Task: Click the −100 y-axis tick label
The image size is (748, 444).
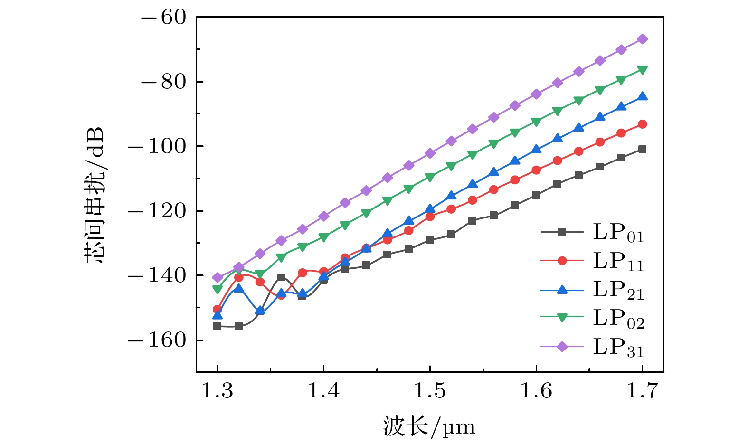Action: (x=157, y=146)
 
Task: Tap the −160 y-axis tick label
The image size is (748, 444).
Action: (x=157, y=340)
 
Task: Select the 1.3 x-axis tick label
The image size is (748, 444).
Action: (x=218, y=391)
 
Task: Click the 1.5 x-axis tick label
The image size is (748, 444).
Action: (x=430, y=391)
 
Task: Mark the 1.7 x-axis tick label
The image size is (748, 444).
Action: (x=643, y=391)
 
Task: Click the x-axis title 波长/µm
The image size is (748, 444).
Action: (x=429, y=426)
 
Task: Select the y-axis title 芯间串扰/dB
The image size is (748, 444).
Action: (x=95, y=195)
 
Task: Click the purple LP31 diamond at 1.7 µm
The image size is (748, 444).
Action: (x=643, y=39)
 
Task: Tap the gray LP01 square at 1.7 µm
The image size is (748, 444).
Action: (x=643, y=149)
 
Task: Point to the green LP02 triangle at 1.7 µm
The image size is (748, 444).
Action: (x=643, y=70)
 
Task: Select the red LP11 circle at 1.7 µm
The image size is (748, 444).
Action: (x=643, y=124)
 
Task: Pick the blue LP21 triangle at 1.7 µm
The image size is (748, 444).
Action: (x=643, y=96)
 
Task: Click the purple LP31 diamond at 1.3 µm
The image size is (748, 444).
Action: (x=218, y=277)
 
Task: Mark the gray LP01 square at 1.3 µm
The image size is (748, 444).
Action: (x=218, y=326)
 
